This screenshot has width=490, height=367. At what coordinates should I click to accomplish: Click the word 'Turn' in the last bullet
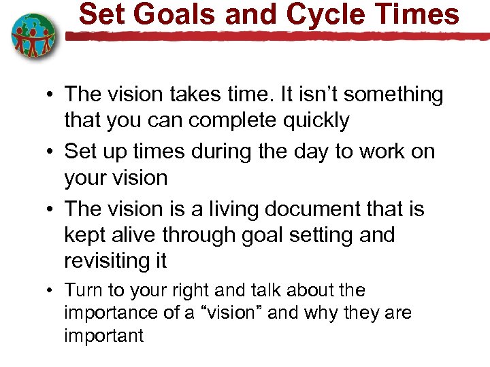pyautogui.click(x=82, y=291)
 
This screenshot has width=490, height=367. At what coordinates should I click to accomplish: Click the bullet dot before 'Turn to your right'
pyautogui.click(x=51, y=292)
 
